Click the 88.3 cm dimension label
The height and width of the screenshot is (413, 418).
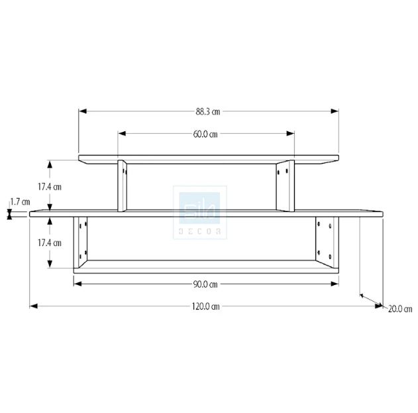click(208, 111)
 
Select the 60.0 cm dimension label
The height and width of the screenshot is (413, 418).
click(205, 134)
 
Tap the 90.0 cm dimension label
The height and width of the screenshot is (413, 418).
click(205, 284)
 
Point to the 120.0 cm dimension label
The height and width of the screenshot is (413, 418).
click(206, 306)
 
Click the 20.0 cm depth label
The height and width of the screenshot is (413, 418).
click(400, 309)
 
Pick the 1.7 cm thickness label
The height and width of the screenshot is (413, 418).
click(21, 202)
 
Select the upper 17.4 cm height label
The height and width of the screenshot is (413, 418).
click(50, 187)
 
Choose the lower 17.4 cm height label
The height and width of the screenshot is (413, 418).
click(50, 243)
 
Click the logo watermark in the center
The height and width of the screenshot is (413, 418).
click(200, 212)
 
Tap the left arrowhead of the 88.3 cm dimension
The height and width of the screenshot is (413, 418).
click(83, 111)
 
